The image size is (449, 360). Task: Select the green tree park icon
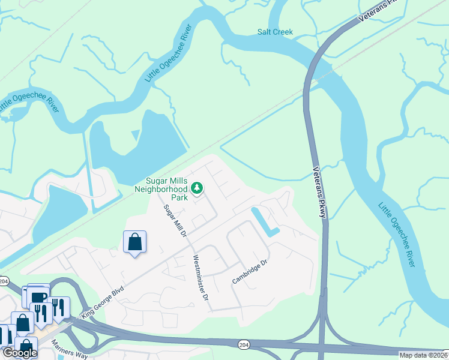pyautogui.click(x=196, y=189)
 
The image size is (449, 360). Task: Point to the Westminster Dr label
pyautogui.click(x=200, y=278)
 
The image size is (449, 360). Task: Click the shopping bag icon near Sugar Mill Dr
pyautogui.click(x=134, y=243)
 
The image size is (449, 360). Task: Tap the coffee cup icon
pyautogui.click(x=38, y=298)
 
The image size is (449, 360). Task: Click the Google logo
pyautogui.click(x=19, y=353)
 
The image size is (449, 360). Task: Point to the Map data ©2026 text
pyautogui.click(x=423, y=355)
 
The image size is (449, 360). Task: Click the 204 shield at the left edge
pyautogui.click(x=4, y=280)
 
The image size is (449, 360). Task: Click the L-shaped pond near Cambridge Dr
pyautogui.click(x=265, y=223)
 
